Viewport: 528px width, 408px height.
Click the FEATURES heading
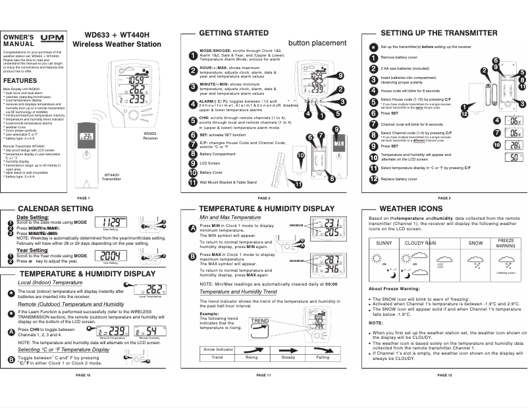(20, 79)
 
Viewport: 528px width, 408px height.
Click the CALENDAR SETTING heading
(55, 209)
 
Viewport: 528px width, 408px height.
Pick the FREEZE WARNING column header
(505, 243)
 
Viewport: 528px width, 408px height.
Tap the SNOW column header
(475, 243)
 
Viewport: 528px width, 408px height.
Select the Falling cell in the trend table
(322, 357)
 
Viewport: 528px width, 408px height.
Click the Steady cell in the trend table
(288, 357)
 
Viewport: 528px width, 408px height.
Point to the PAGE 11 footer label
(263, 393)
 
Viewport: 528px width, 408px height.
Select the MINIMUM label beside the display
(299, 224)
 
